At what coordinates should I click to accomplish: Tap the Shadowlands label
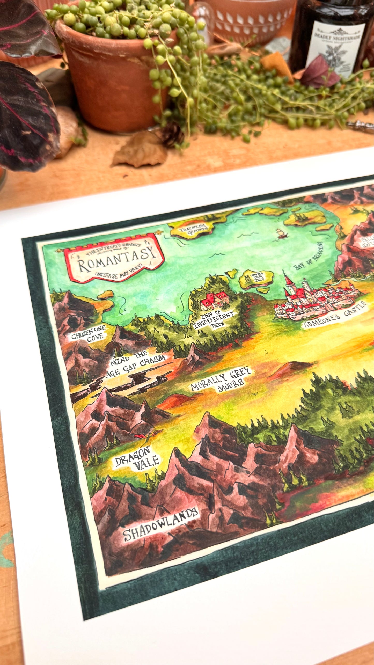pos(160,521)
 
